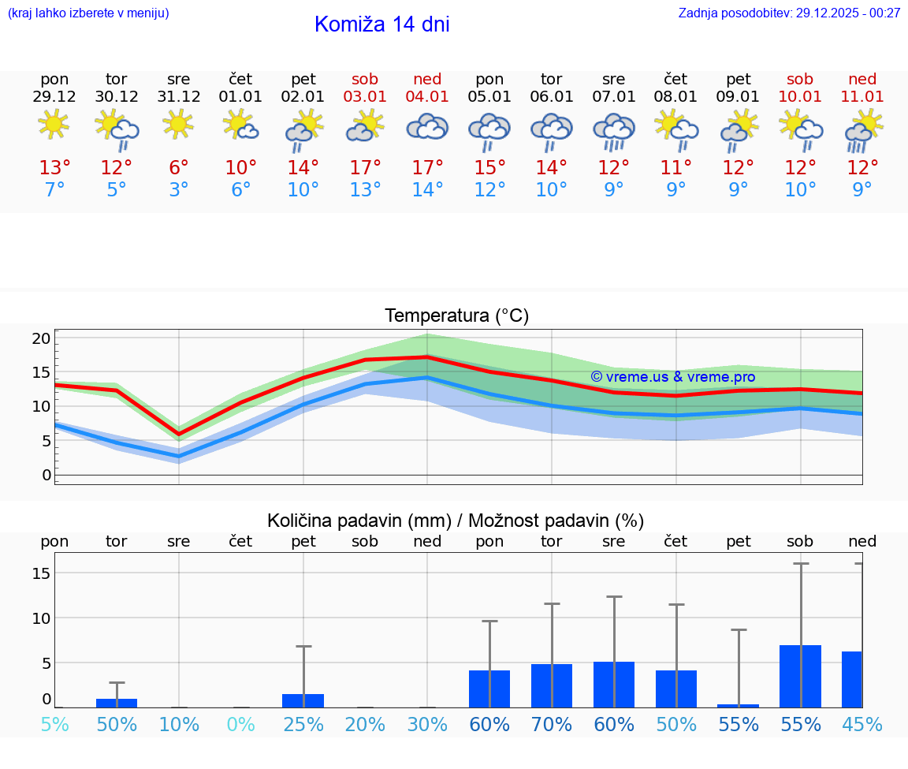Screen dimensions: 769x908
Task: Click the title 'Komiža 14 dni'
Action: tap(381, 24)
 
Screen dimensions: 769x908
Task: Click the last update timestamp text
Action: tap(789, 13)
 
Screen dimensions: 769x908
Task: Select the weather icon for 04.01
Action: tap(427, 128)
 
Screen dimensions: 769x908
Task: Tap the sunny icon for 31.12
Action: tap(179, 124)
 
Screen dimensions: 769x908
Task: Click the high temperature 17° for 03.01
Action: tap(365, 168)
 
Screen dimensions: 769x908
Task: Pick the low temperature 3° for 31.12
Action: tap(179, 190)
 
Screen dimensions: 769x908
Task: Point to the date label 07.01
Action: tap(614, 96)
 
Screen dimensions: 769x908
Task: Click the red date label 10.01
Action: tap(800, 96)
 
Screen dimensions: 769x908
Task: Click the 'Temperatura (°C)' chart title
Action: tap(456, 316)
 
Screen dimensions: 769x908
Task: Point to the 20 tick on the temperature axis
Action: tap(42, 338)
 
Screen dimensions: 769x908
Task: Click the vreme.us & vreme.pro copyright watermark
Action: tap(672, 377)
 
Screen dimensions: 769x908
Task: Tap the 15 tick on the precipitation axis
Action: tap(42, 573)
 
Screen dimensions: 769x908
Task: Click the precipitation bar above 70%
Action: tap(552, 685)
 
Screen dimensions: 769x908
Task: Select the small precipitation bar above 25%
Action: tap(303, 700)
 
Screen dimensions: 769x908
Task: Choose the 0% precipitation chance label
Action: tap(241, 725)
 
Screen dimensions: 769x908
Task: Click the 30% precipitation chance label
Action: tap(427, 725)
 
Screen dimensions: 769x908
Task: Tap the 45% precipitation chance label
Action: tap(862, 725)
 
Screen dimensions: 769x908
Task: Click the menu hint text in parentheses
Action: tap(87, 13)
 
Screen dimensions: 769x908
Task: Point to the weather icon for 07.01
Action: tap(614, 131)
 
